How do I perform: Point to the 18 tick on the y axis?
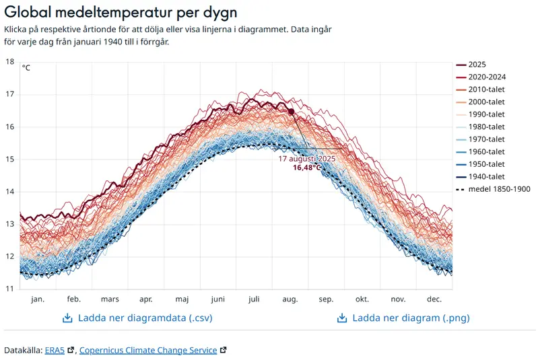(9, 62)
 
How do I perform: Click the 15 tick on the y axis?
(9, 159)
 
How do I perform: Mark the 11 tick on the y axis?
(9, 289)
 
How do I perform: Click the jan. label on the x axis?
(38, 299)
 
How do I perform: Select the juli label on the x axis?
(254, 299)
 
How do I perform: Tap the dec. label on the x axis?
(434, 299)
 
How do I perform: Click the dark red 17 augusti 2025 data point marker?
(291, 112)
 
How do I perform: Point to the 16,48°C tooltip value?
(307, 168)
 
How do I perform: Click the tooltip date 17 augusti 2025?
(307, 159)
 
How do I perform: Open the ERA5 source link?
(55, 350)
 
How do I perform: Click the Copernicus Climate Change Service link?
(148, 350)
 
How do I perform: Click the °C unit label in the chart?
(26, 67)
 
